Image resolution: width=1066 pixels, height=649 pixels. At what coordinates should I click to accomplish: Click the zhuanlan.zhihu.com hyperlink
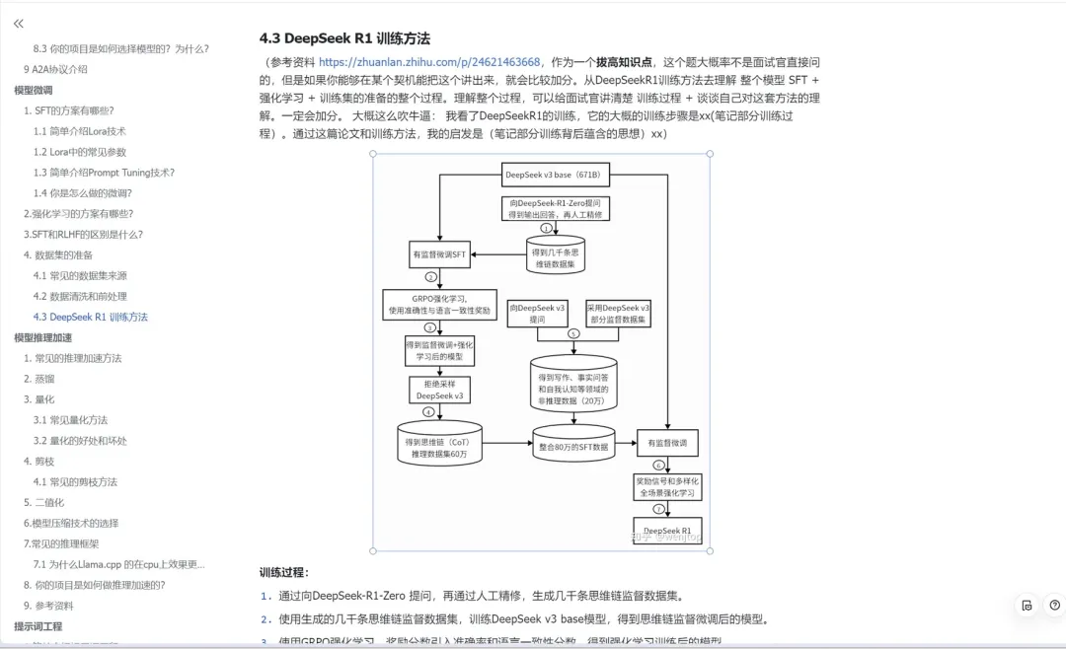[429, 61]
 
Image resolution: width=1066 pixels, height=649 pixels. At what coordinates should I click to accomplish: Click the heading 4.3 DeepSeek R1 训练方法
[344, 38]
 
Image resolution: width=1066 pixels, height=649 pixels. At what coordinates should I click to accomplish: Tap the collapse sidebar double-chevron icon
[19, 23]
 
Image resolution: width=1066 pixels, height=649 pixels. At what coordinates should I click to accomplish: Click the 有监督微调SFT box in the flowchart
[439, 254]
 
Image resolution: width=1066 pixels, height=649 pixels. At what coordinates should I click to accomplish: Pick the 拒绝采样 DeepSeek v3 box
[439, 389]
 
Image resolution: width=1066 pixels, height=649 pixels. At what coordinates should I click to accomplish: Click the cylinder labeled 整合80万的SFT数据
[573, 446]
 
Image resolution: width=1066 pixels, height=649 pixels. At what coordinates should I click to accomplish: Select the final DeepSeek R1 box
[667, 531]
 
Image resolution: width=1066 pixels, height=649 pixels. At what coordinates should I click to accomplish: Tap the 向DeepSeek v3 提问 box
[537, 313]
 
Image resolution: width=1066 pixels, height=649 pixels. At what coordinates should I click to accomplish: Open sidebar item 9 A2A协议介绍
[55, 69]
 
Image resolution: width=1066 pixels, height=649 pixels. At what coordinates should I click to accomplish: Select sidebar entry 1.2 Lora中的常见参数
[80, 152]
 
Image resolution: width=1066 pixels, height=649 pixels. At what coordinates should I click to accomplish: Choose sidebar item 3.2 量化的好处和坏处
[80, 441]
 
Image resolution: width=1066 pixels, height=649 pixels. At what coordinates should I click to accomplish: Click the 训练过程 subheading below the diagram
[284, 572]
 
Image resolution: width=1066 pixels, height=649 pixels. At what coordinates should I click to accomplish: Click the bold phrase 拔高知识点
[624, 61]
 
